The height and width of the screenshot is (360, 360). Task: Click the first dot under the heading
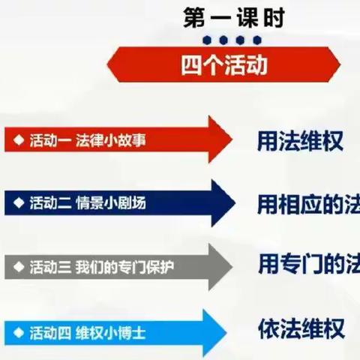(208, 39)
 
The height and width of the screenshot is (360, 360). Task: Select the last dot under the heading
(257, 39)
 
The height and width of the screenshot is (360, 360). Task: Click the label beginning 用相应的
(307, 202)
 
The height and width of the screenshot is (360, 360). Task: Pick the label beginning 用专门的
(307, 264)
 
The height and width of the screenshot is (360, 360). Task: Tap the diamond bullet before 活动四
(19, 330)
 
